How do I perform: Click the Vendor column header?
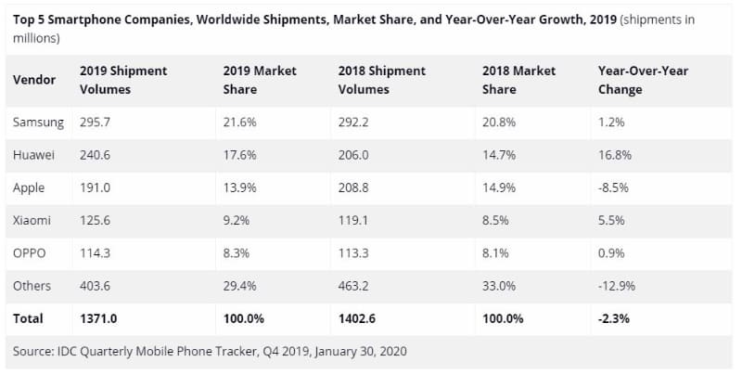[34, 80]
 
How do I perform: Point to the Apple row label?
[30, 187]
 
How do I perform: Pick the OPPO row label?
[30, 253]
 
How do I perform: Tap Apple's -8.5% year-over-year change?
[614, 187]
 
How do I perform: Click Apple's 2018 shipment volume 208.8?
[353, 187]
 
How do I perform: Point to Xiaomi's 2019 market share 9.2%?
[237, 221]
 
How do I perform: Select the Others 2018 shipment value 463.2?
[353, 286]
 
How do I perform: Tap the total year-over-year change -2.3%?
[615, 318]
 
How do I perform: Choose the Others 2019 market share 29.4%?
[240, 286]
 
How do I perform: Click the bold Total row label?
[28, 318]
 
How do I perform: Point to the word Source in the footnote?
[34, 352]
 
